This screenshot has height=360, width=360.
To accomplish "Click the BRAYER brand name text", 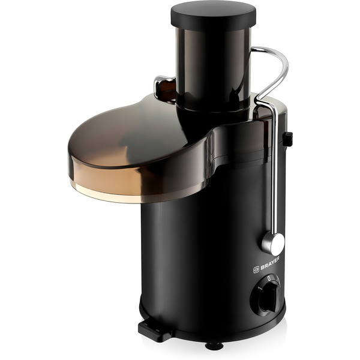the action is coord(270,263).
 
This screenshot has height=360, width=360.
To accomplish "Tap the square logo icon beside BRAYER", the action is coord(256,270).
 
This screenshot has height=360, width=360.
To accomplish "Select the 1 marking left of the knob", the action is coord(259,288).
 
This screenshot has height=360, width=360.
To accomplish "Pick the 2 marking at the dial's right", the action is coord(277,280).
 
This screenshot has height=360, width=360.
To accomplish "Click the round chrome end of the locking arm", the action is coord(273,244).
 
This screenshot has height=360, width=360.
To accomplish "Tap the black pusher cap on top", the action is coord(213,15).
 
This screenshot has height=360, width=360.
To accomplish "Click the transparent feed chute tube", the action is coord(213,69).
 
